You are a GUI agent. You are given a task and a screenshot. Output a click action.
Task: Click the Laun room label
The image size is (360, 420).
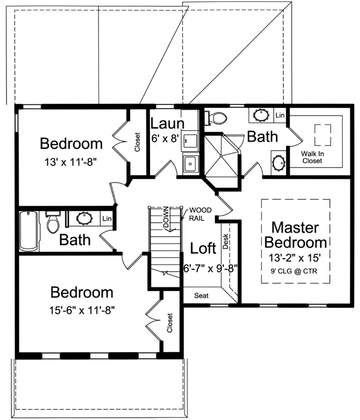coord(163,124)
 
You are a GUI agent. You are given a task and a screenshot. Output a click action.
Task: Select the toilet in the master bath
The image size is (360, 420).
coord(215,118)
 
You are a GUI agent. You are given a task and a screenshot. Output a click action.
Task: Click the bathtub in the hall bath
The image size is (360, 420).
coord(28,230)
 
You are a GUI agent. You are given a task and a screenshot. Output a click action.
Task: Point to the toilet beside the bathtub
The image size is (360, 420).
coord(53,224)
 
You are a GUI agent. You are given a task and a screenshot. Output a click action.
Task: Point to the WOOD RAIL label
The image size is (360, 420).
coord(199,214)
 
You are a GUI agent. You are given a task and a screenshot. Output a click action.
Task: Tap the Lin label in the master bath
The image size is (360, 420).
coord(280,114)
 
